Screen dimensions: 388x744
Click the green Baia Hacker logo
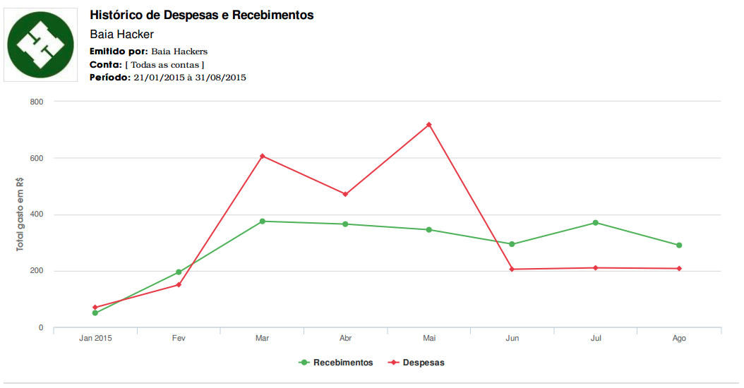pyautogui.click(x=40, y=44)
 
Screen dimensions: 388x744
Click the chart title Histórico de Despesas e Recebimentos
pyautogui.click(x=202, y=15)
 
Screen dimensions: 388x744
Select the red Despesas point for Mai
pyautogui.click(x=429, y=125)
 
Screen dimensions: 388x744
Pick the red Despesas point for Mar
pyautogui.click(x=263, y=156)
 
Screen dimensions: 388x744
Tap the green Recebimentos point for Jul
pyautogui.click(x=596, y=223)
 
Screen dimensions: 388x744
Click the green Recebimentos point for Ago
pyautogui.click(x=679, y=245)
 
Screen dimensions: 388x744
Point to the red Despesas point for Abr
pyautogui.click(x=346, y=194)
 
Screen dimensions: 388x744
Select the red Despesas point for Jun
pyautogui.click(x=512, y=269)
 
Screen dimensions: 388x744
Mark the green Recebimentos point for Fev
pyautogui.click(x=179, y=272)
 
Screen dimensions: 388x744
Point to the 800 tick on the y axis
pyautogui.click(x=37, y=102)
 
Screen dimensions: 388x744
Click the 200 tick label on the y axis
pyautogui.click(x=37, y=271)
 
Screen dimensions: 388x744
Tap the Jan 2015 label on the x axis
pyautogui.click(x=95, y=339)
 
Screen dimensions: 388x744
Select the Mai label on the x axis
pyautogui.click(x=429, y=339)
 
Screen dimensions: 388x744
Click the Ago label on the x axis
pyautogui.click(x=679, y=339)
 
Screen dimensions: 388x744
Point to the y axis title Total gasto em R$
pyautogui.click(x=21, y=214)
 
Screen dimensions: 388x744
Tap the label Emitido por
pyautogui.click(x=119, y=51)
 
